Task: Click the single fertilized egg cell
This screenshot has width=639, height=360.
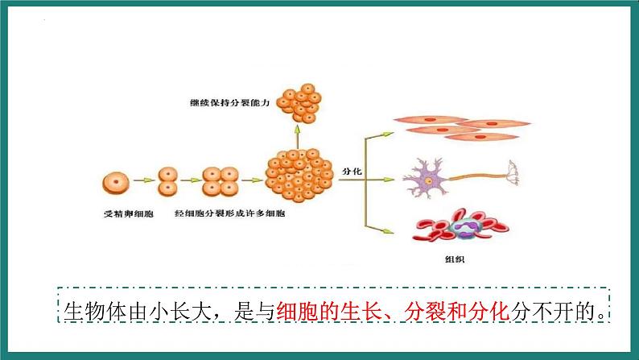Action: [x=116, y=183]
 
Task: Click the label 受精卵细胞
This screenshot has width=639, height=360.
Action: [x=129, y=213]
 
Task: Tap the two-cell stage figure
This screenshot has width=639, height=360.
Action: [x=167, y=181]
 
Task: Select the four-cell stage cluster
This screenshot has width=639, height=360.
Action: [x=221, y=181]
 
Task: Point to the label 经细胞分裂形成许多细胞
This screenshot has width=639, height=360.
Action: [x=230, y=213]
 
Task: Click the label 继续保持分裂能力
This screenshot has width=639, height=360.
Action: [x=230, y=103]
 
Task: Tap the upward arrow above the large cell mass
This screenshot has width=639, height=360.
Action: [x=298, y=137]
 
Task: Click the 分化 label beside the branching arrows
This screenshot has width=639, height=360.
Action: [x=352, y=172]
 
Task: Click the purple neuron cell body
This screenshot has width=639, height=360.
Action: [x=427, y=180]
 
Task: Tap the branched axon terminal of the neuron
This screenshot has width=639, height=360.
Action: [x=513, y=172]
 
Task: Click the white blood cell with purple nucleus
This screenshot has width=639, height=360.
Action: [x=465, y=228]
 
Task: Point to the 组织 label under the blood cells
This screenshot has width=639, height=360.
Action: [x=455, y=259]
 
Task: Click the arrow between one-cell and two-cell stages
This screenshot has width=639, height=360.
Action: [x=144, y=180]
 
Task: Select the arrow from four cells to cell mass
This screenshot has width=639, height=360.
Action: [x=252, y=180]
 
